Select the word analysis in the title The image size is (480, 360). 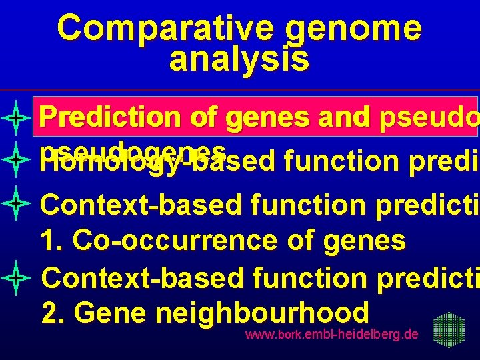pos(239,59)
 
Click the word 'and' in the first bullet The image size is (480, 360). pos(341,117)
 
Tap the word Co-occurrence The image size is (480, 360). pos(176,240)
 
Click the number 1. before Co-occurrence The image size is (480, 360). pos(53,240)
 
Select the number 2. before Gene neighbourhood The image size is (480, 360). pos(53,312)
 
